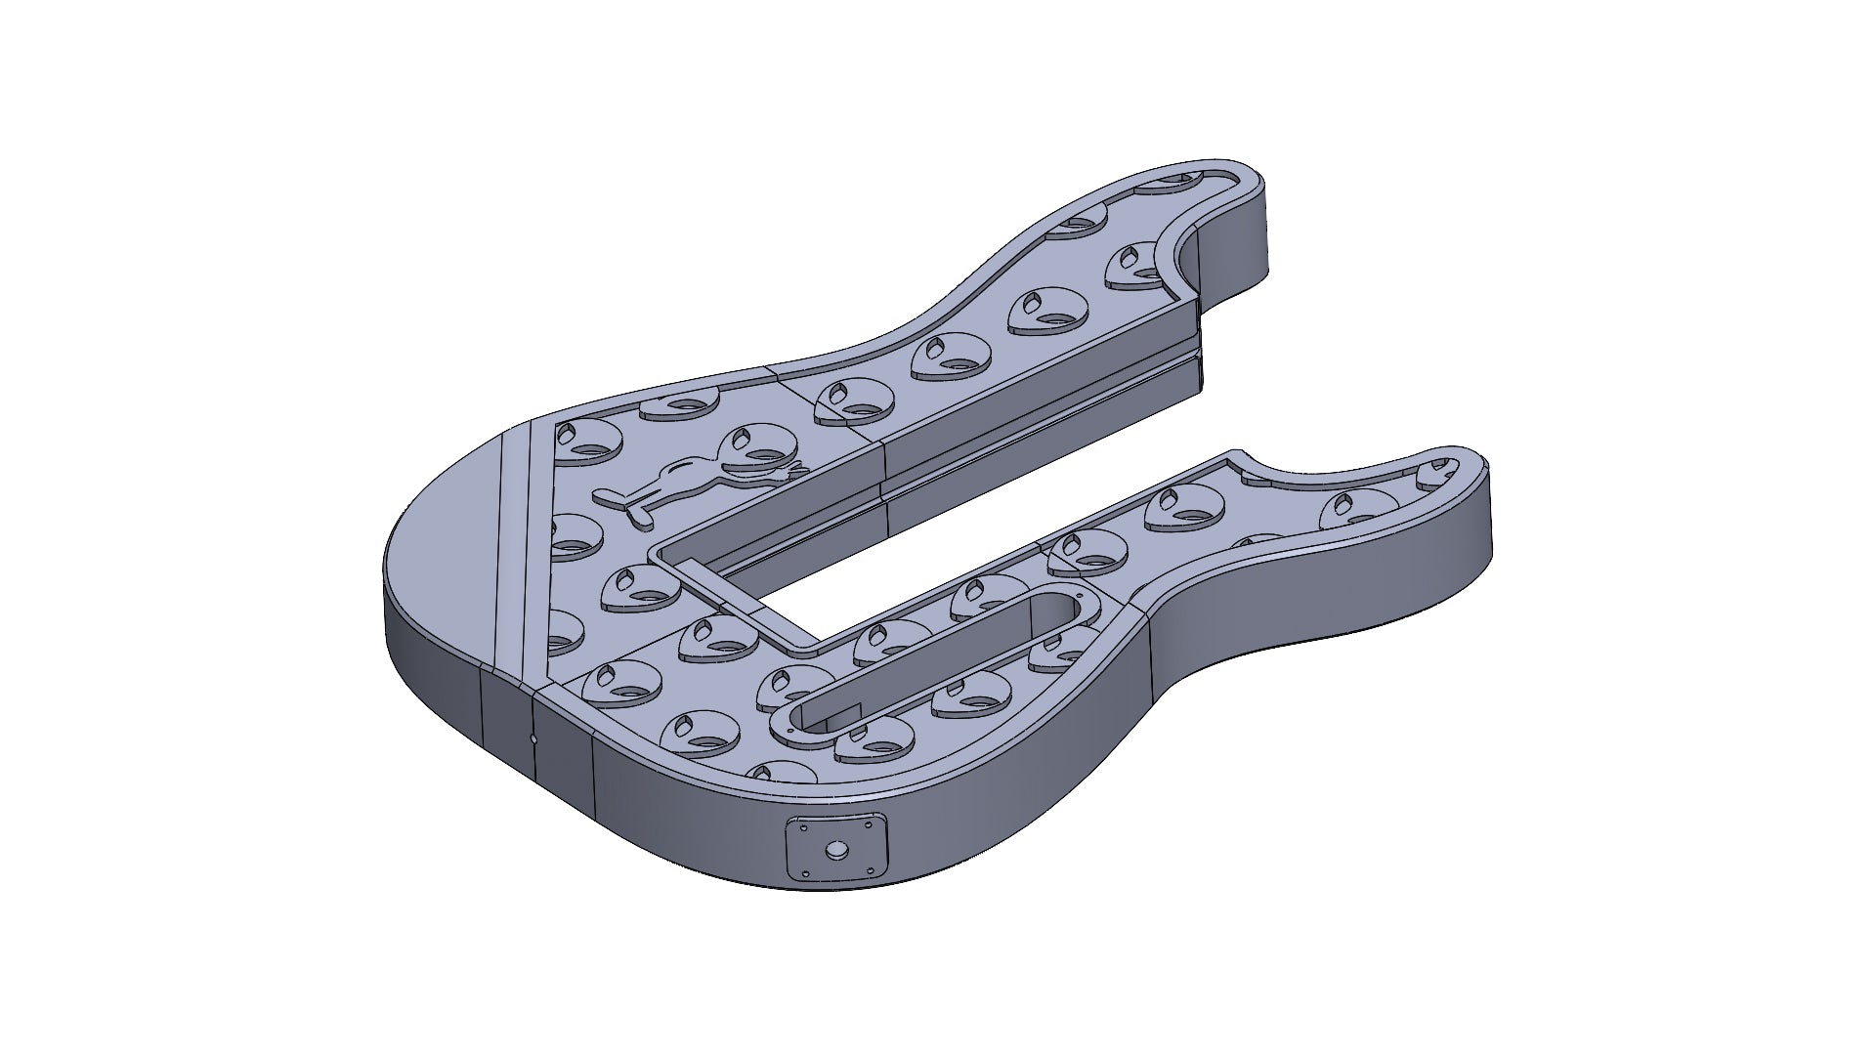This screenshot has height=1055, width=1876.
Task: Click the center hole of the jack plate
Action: click(x=837, y=851)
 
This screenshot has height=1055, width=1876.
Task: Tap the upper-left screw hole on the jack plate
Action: click(x=803, y=827)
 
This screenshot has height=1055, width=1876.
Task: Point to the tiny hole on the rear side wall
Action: click(x=533, y=739)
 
